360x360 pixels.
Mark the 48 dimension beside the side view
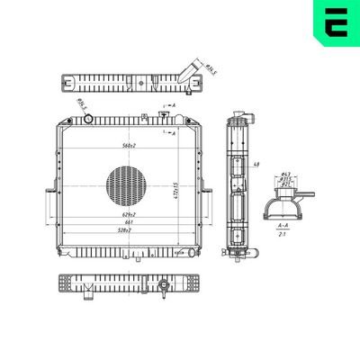point(256,165)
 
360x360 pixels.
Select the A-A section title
point(283,225)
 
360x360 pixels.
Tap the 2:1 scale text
point(283,234)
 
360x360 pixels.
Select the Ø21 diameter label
point(285,184)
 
